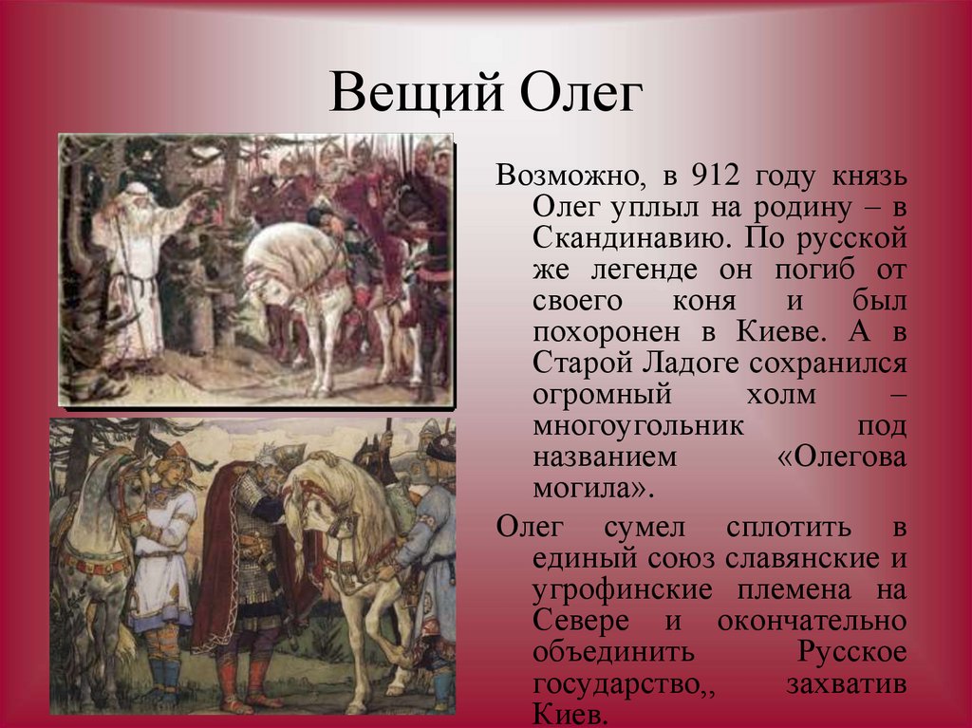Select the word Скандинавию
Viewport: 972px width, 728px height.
click(x=629, y=239)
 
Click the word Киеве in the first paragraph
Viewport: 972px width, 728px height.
click(x=782, y=332)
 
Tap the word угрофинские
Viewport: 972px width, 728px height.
click(x=623, y=590)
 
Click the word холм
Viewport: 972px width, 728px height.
click(x=781, y=396)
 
